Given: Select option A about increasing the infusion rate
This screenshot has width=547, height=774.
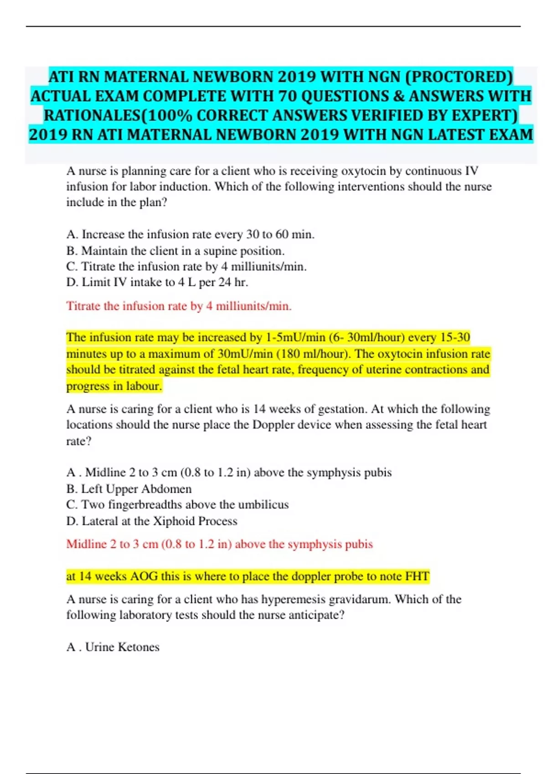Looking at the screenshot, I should (x=190, y=234).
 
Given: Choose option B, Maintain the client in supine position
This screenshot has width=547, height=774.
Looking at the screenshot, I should (x=175, y=251).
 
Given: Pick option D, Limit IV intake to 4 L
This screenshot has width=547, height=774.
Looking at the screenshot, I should (x=157, y=282).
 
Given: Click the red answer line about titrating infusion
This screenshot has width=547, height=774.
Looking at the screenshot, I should (x=179, y=306).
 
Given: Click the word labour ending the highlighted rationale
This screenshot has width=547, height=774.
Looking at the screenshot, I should (x=146, y=386).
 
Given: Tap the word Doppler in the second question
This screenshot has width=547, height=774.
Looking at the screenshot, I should (x=275, y=425).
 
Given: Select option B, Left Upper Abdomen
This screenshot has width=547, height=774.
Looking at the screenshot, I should (x=129, y=489).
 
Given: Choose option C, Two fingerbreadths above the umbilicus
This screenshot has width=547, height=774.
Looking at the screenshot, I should (x=177, y=505).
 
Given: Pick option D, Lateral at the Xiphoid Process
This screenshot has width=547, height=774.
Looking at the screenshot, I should (x=151, y=521).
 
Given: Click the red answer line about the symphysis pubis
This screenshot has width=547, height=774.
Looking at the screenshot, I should (x=219, y=544).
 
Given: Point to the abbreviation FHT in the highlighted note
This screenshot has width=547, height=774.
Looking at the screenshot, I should (x=417, y=576).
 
